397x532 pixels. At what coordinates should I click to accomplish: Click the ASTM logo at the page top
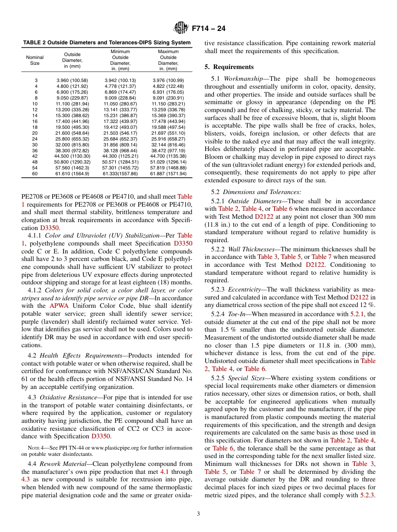click(181, 28)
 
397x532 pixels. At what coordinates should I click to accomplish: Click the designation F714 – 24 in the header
click(209, 28)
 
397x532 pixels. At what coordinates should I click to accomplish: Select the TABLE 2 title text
click(107, 43)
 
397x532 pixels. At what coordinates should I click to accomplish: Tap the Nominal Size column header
click(35, 60)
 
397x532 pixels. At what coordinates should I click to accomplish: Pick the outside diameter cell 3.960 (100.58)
click(72, 80)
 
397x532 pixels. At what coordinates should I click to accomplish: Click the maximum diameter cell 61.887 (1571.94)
click(168, 174)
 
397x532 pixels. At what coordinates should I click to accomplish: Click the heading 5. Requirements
click(229, 67)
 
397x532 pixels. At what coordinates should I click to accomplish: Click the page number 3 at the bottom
click(198, 514)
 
